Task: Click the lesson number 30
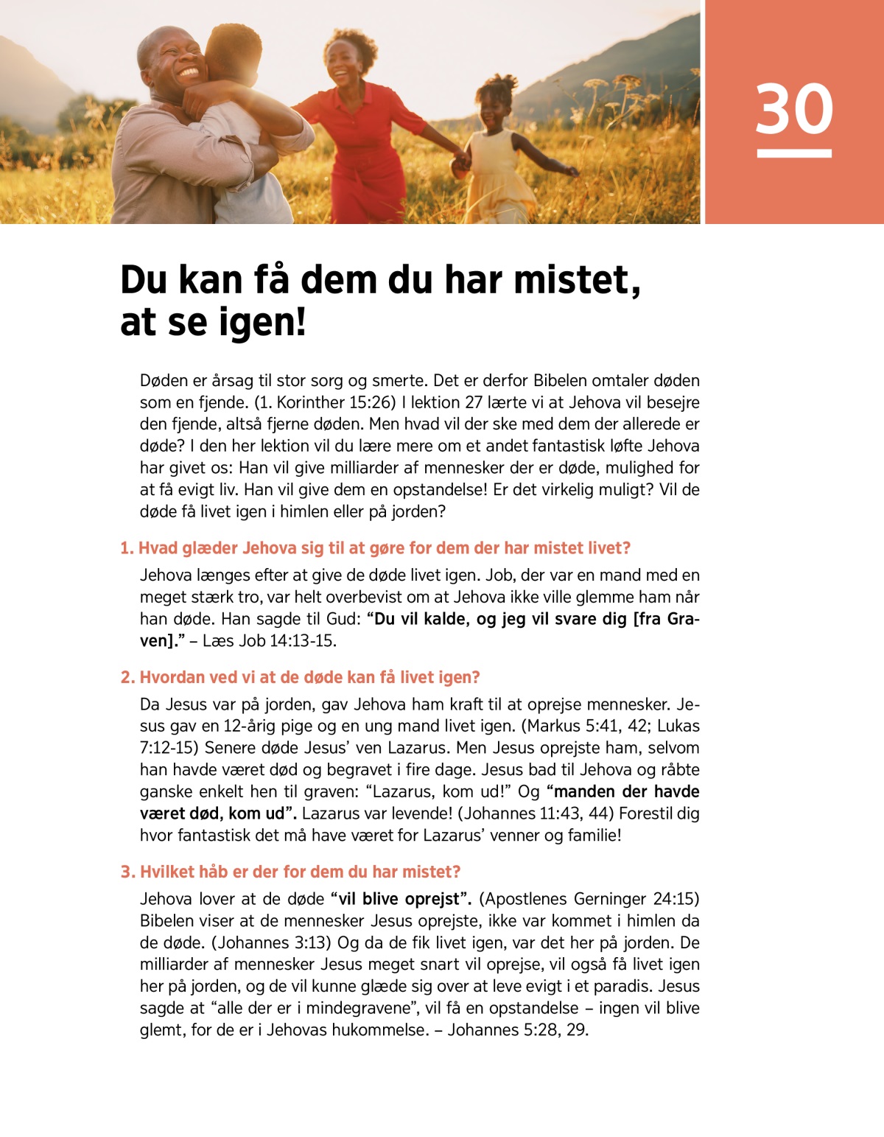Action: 794,108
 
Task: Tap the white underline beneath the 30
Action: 794,153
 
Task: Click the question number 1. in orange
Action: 127,548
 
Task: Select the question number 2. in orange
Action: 128,677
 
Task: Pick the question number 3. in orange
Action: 128,872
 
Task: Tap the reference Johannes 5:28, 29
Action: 517,1029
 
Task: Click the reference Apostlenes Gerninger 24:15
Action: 589,899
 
